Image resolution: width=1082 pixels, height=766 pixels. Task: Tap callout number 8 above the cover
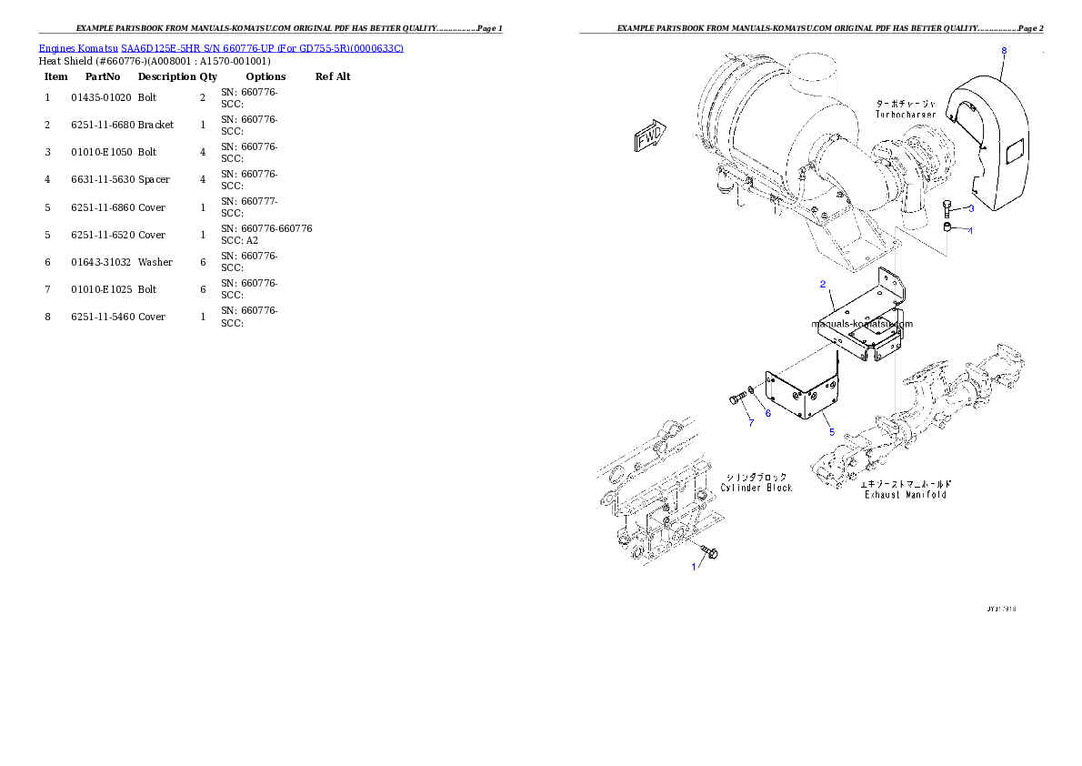click(x=1004, y=51)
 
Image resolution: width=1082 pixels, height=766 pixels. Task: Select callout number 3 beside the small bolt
click(x=971, y=208)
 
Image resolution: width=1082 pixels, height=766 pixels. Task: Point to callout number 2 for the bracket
click(x=822, y=285)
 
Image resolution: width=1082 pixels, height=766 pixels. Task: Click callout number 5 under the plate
click(x=831, y=432)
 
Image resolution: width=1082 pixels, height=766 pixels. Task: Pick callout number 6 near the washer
click(x=767, y=413)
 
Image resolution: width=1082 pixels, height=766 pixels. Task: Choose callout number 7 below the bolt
click(x=751, y=423)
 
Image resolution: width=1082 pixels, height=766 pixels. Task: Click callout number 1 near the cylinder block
click(x=693, y=567)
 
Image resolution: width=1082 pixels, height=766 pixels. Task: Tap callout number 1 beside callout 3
click(x=970, y=231)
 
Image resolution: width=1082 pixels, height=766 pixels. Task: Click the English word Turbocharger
click(x=906, y=115)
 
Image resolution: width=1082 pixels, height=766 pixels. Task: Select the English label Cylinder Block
click(x=756, y=488)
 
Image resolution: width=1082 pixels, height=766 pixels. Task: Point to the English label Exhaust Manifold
click(x=905, y=495)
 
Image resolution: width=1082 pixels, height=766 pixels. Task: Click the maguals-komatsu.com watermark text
click(x=862, y=323)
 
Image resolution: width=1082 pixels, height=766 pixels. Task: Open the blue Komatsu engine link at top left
click(x=221, y=47)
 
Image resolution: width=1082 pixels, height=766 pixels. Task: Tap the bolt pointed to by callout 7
click(x=736, y=398)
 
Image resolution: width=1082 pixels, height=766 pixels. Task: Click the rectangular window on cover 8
click(x=1017, y=147)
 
